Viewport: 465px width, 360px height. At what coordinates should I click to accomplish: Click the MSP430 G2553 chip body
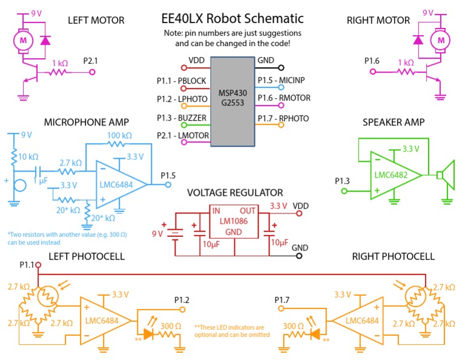(x=232, y=100)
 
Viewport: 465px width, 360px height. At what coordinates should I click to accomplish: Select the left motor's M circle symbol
(x=24, y=40)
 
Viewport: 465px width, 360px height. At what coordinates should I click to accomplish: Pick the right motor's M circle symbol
(x=440, y=40)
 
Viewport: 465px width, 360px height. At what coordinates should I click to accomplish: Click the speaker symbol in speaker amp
(x=446, y=176)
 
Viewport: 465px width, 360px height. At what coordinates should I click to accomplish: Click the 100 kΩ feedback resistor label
(x=119, y=135)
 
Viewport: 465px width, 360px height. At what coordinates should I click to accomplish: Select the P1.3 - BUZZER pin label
(x=182, y=118)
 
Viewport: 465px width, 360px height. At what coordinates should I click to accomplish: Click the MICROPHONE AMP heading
(x=86, y=123)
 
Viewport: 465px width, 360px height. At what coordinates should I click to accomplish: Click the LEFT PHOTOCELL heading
(x=86, y=256)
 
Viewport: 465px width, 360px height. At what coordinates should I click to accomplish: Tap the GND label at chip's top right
(x=266, y=61)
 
